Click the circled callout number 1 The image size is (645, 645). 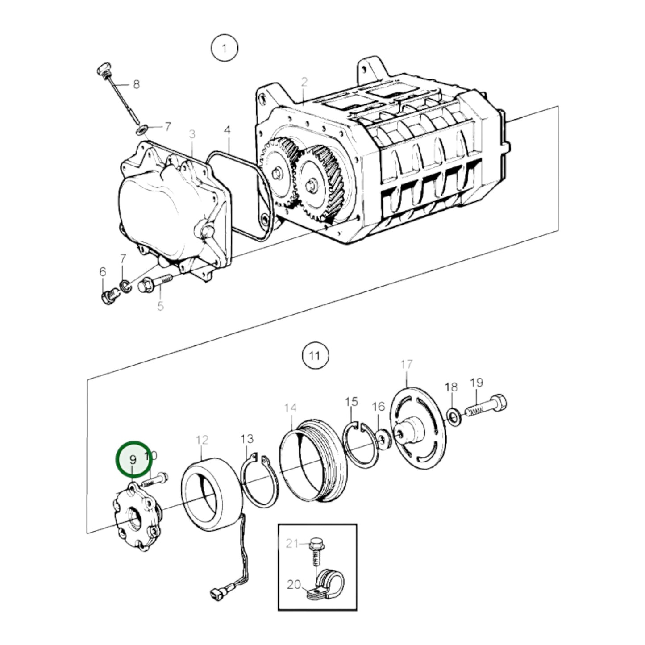pyautogui.click(x=224, y=48)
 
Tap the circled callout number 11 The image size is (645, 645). pyautogui.click(x=315, y=356)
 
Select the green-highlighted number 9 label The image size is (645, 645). pyautogui.click(x=133, y=459)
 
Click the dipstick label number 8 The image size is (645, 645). pyautogui.click(x=136, y=84)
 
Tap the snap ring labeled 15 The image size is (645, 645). pyautogui.click(x=361, y=445)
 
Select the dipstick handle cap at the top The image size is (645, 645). pyautogui.click(x=104, y=69)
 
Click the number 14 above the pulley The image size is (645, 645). pyautogui.click(x=290, y=408)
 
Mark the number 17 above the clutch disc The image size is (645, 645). pyautogui.click(x=407, y=365)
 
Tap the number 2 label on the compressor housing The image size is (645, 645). pyautogui.click(x=304, y=82)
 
